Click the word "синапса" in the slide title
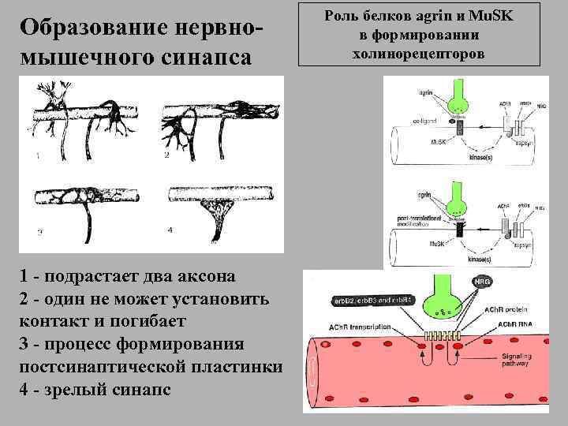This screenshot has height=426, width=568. [x=209, y=58]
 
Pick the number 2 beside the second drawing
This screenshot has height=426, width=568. [x=166, y=157]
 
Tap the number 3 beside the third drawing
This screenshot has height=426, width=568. [x=39, y=232]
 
